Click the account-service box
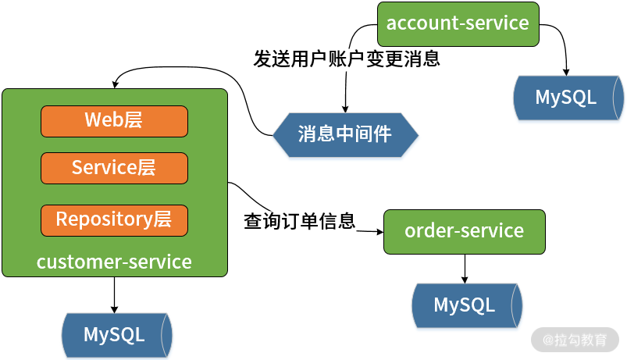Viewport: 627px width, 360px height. coord(458,23)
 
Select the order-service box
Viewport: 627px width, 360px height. coord(464,231)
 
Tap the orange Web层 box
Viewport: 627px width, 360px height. coord(114,119)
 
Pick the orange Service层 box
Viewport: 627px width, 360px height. coord(114,167)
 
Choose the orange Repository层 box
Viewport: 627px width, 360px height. coord(114,219)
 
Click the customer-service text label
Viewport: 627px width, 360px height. coord(114,262)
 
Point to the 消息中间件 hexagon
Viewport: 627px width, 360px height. coord(345,134)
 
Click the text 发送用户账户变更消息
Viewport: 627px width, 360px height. coord(347,59)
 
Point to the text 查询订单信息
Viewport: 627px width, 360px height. coord(299,221)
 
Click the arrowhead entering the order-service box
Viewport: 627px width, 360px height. coord(379,231)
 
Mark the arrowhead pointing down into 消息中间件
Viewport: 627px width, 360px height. coord(345,111)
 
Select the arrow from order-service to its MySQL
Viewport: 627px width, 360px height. coord(465,268)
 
